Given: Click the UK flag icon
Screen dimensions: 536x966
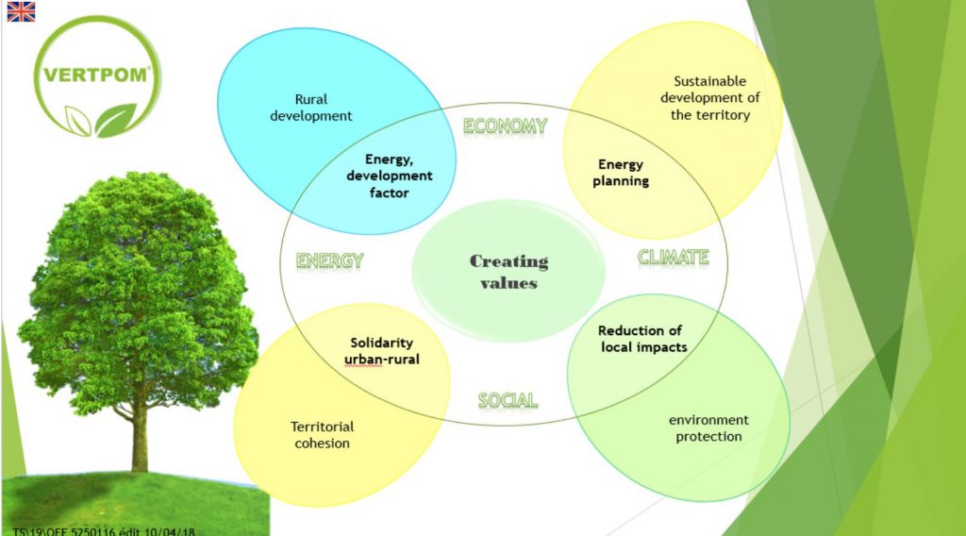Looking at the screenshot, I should [x=21, y=11].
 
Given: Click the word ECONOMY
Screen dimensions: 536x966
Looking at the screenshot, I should [x=505, y=126].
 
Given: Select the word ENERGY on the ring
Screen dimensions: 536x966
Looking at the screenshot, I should [x=329, y=261].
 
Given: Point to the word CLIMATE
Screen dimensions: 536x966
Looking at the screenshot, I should [x=673, y=256].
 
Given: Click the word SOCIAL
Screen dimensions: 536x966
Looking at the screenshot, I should [x=508, y=400].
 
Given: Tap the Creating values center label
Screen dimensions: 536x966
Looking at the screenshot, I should [x=508, y=272].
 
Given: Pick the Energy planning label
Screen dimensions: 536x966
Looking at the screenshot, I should [x=621, y=173].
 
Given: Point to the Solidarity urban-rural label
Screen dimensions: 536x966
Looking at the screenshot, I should [x=381, y=350].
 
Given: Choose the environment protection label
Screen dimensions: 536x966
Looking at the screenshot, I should [x=708, y=427].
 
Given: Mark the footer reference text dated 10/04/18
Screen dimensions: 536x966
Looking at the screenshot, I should [x=103, y=530].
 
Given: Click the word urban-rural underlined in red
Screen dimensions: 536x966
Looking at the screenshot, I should [x=381, y=359].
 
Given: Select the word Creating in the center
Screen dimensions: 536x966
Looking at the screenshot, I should [x=508, y=261].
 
